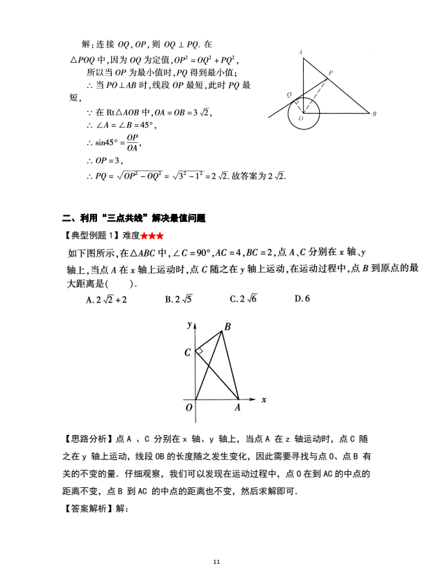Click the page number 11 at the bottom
[x=218, y=561]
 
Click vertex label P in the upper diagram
[x=331, y=73]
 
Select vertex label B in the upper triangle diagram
[x=375, y=114]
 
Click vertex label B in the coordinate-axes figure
[x=228, y=326]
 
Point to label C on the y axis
[x=187, y=353]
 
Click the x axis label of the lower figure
[x=264, y=399]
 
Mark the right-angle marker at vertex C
[x=200, y=351]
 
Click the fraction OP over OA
[x=132, y=142]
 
